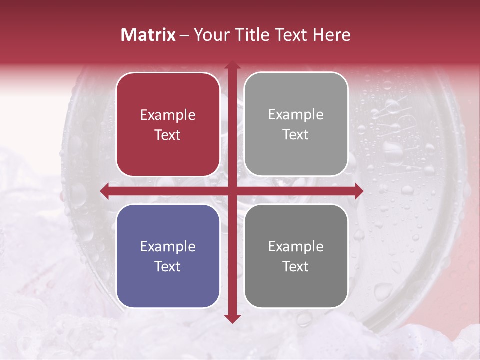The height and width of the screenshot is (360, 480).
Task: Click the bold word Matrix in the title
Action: (x=148, y=35)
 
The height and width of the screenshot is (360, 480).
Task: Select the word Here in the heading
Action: (x=331, y=35)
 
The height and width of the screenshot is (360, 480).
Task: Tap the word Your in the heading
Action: (x=210, y=35)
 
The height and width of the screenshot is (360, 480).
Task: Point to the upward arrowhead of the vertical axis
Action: (x=232, y=65)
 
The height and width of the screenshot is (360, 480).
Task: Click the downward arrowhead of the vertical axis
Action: (x=232, y=319)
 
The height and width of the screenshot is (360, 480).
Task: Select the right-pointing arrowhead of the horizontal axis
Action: (x=359, y=191)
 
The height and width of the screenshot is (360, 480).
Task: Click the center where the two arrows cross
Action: (x=232, y=191)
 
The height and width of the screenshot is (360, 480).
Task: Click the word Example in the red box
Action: (x=168, y=115)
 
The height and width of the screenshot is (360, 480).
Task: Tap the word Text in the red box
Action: (x=168, y=135)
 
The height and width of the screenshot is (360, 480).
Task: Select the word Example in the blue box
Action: (x=168, y=247)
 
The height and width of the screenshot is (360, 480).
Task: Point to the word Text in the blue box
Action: (x=168, y=266)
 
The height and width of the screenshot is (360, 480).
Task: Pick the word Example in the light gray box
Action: (x=296, y=115)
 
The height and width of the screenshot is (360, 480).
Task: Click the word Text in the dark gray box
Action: (x=296, y=266)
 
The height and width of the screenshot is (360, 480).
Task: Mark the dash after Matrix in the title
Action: (x=184, y=35)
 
